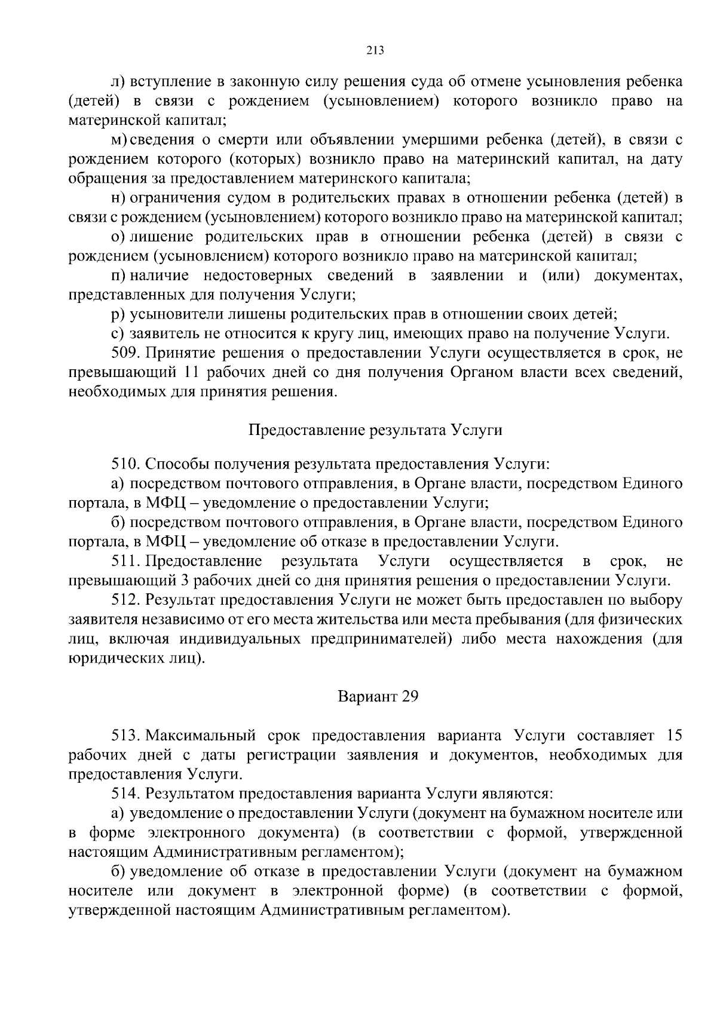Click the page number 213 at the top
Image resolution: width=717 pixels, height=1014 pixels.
375,51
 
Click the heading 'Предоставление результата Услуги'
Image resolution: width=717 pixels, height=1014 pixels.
375,430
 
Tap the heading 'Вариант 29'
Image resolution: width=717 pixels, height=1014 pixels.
375,697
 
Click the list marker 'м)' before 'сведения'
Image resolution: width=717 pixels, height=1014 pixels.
118,140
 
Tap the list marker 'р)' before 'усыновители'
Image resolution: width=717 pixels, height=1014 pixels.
118,314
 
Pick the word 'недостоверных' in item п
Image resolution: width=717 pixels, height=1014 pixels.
258,275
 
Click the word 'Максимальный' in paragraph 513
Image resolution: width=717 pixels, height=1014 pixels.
198,735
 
